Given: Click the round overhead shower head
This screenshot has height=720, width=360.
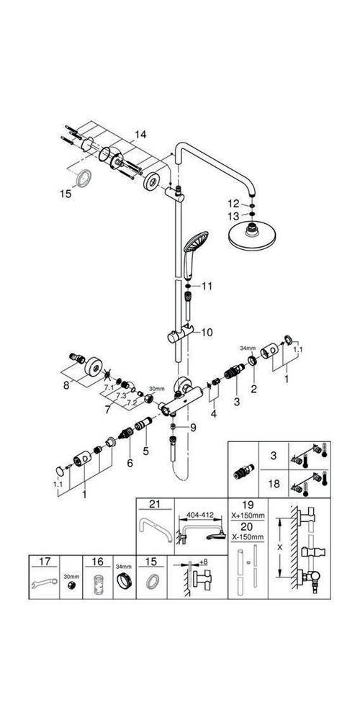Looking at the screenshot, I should pyautogui.click(x=253, y=236).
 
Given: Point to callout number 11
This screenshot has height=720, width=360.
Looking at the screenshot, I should pyautogui.click(x=207, y=286).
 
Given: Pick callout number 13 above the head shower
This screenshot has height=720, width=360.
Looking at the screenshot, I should pyautogui.click(x=232, y=216).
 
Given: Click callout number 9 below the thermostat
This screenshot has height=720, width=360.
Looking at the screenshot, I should pyautogui.click(x=192, y=427).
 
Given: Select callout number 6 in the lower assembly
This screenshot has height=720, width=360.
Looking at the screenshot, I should pyautogui.click(x=130, y=464).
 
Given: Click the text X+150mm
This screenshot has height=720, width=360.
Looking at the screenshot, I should pyautogui.click(x=248, y=516).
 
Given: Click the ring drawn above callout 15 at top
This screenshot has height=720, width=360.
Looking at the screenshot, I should pyautogui.click(x=84, y=176).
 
